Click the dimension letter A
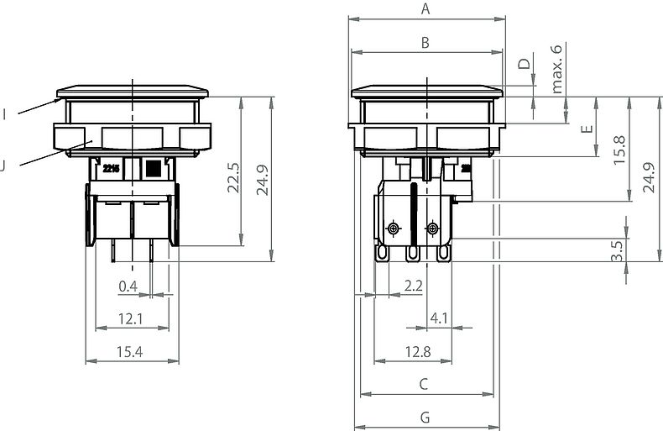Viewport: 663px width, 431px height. (425, 9)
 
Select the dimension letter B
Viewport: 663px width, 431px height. (425, 43)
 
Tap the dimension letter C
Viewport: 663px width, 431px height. (425, 384)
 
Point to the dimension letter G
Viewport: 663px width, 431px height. (425, 418)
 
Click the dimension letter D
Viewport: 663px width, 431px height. (524, 64)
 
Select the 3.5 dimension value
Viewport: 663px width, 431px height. (618, 250)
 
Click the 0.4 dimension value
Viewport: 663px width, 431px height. (128, 286)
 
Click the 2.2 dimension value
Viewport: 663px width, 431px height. (413, 286)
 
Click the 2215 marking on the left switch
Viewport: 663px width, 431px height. (111, 168)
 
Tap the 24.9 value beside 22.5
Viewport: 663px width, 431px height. (264, 178)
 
